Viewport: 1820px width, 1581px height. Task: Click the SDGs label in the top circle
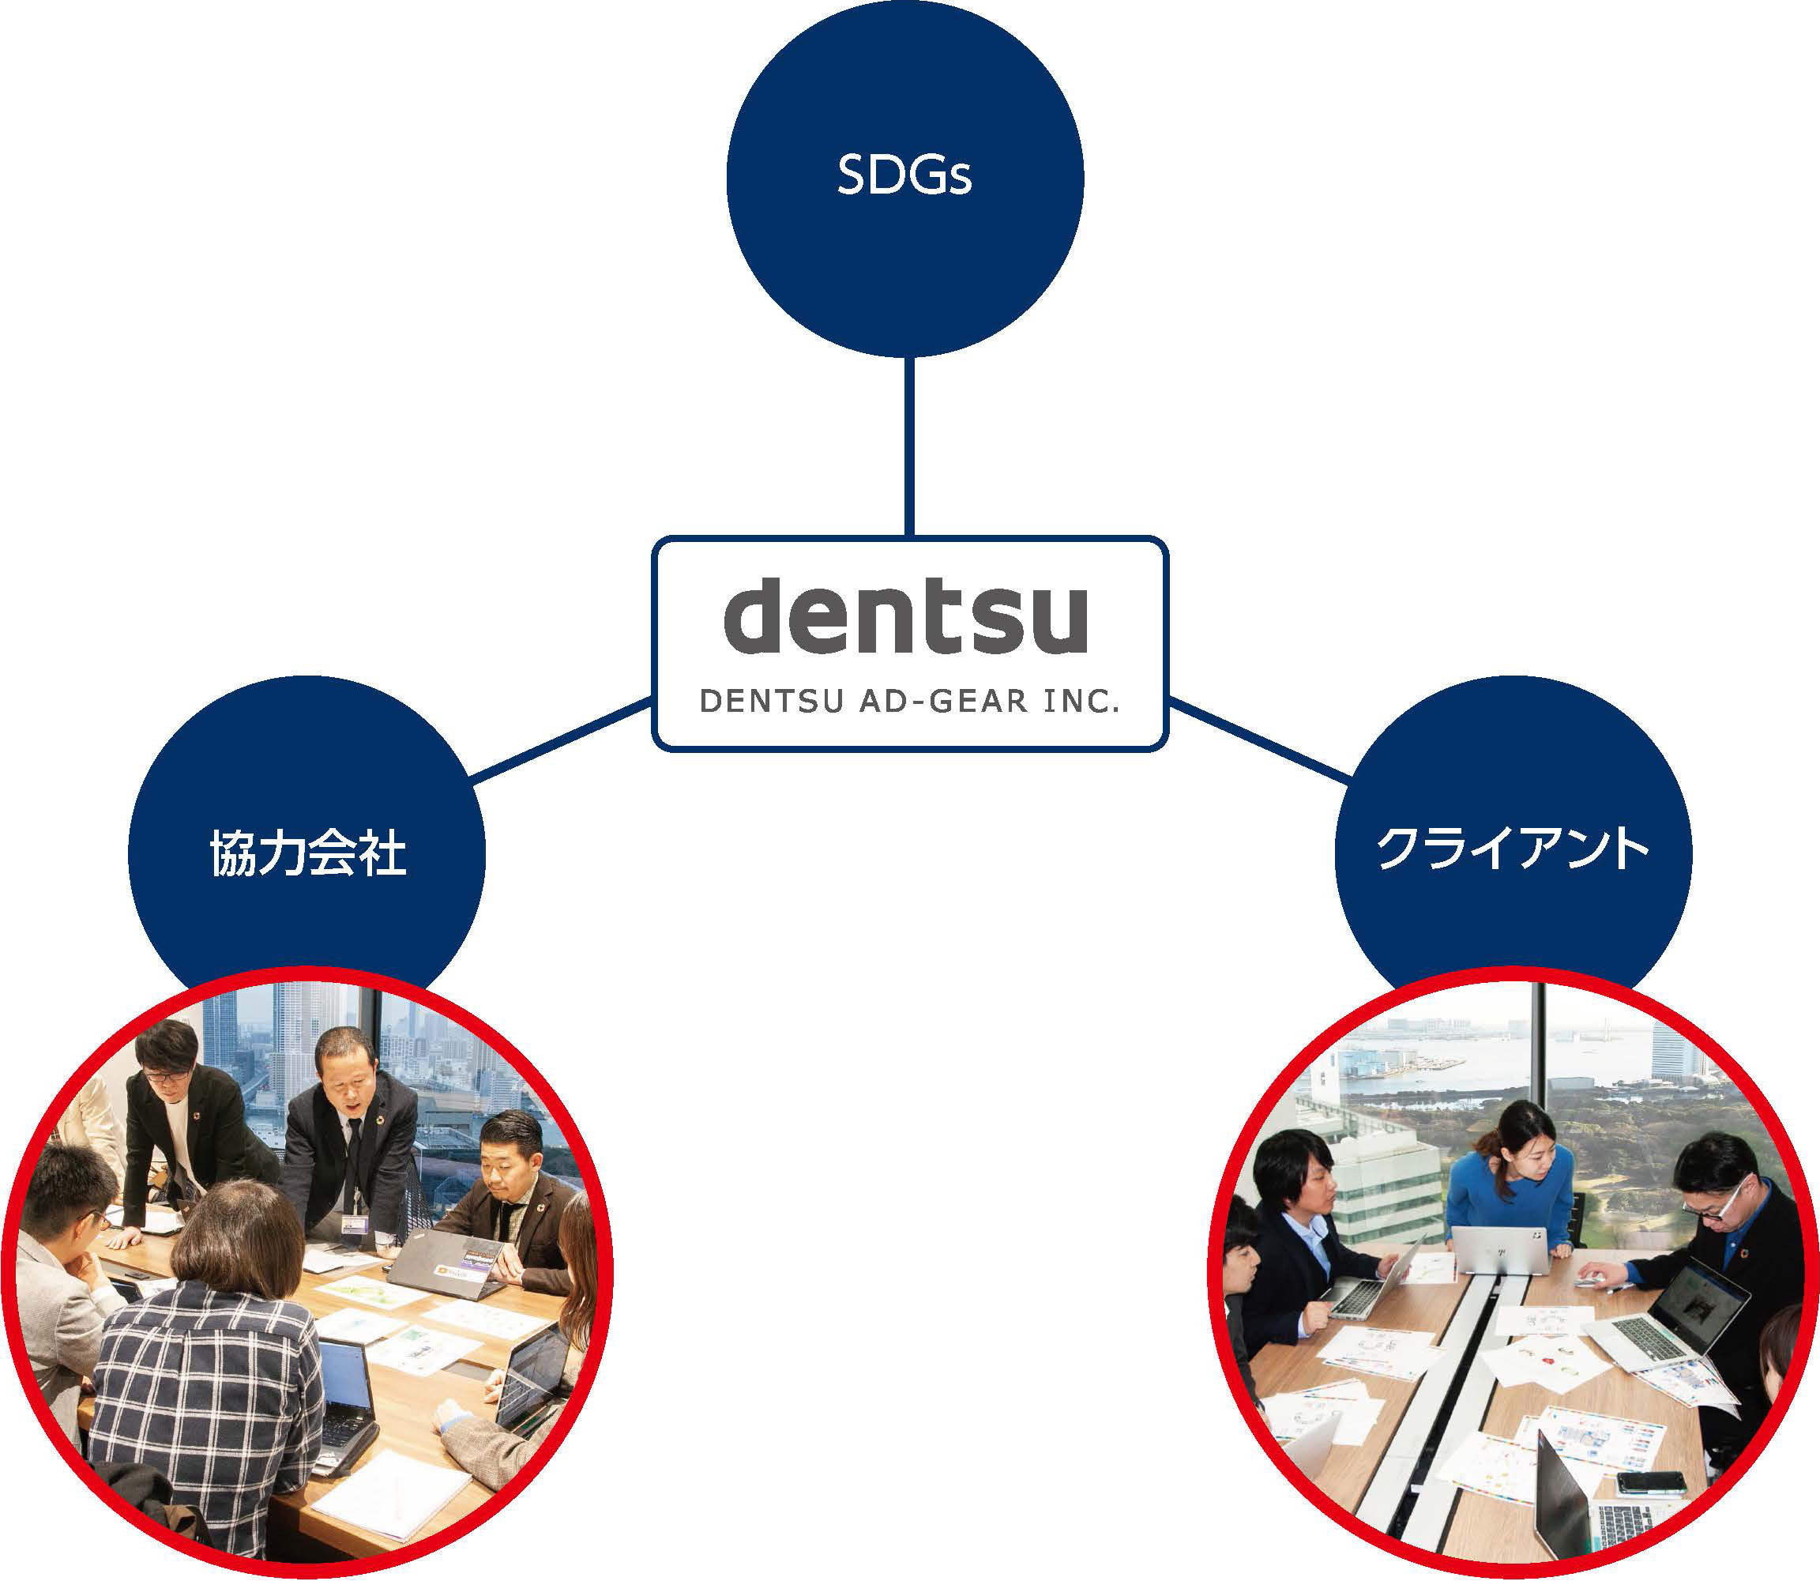[x=904, y=175]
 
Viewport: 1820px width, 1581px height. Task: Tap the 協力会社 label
[x=308, y=853]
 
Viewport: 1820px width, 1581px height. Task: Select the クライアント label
[x=1512, y=849]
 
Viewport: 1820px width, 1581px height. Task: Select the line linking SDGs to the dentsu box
[x=908, y=446]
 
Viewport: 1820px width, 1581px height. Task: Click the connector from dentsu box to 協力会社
[x=560, y=740]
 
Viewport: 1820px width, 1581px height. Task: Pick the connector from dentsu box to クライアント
[x=1259, y=740]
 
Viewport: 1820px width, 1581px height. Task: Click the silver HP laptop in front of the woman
[x=1500, y=1248]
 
